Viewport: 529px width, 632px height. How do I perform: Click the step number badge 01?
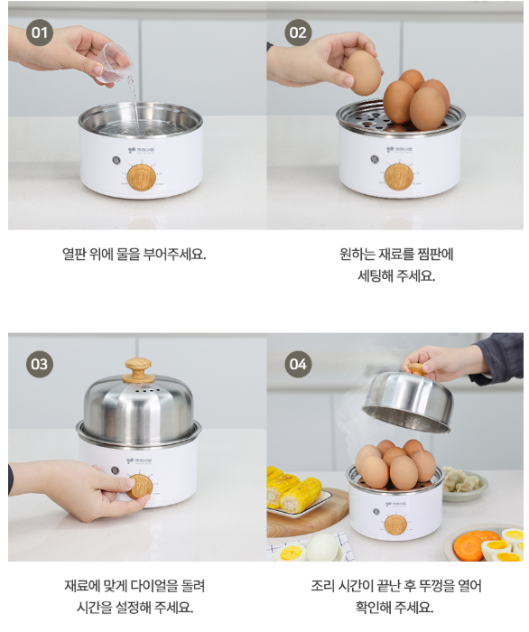pos(40,33)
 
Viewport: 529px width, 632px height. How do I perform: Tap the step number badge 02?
pos(298,33)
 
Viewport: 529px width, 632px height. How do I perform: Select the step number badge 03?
pos(40,364)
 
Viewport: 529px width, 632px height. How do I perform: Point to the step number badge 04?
pos(298,364)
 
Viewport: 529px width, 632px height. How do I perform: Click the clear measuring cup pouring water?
pos(114,64)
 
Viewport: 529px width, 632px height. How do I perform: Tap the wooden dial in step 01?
pos(142,177)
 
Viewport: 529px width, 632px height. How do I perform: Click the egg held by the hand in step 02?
pos(363,73)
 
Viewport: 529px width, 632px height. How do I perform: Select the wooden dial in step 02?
pos(399,177)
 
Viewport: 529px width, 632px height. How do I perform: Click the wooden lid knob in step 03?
pos(138,370)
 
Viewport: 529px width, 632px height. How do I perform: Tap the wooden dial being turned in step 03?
pos(139,487)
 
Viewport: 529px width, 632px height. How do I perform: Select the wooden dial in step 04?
pos(395,525)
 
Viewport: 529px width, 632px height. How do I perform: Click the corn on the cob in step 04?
pos(294,490)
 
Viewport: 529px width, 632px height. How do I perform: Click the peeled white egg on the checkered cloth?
pos(322,547)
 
